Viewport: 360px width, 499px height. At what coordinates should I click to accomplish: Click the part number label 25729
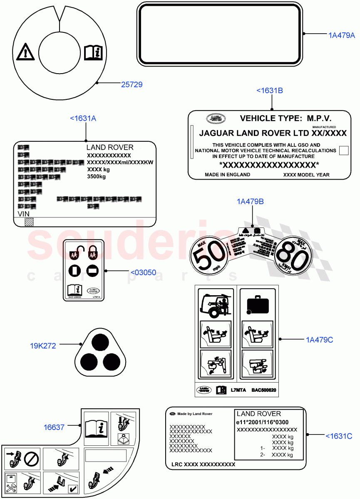132,84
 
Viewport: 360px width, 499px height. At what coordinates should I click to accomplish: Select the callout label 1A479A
342,36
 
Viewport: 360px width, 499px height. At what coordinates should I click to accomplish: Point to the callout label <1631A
83,119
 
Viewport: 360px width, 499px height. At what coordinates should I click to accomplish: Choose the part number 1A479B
250,202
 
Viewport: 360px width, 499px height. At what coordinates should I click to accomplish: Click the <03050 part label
143,273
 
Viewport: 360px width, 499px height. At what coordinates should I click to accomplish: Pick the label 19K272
43,346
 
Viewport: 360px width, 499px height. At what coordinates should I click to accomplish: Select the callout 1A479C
319,340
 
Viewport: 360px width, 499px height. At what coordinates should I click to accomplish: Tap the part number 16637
54,427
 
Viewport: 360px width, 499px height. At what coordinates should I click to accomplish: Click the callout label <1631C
339,436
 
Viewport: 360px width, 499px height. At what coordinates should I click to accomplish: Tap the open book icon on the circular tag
92,52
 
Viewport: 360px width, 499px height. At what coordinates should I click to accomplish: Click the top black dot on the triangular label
100,342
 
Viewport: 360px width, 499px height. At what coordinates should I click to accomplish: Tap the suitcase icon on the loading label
256,305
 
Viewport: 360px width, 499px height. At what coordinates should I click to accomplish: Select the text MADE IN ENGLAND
227,175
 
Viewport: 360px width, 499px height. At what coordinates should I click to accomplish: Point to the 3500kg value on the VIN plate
96,177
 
